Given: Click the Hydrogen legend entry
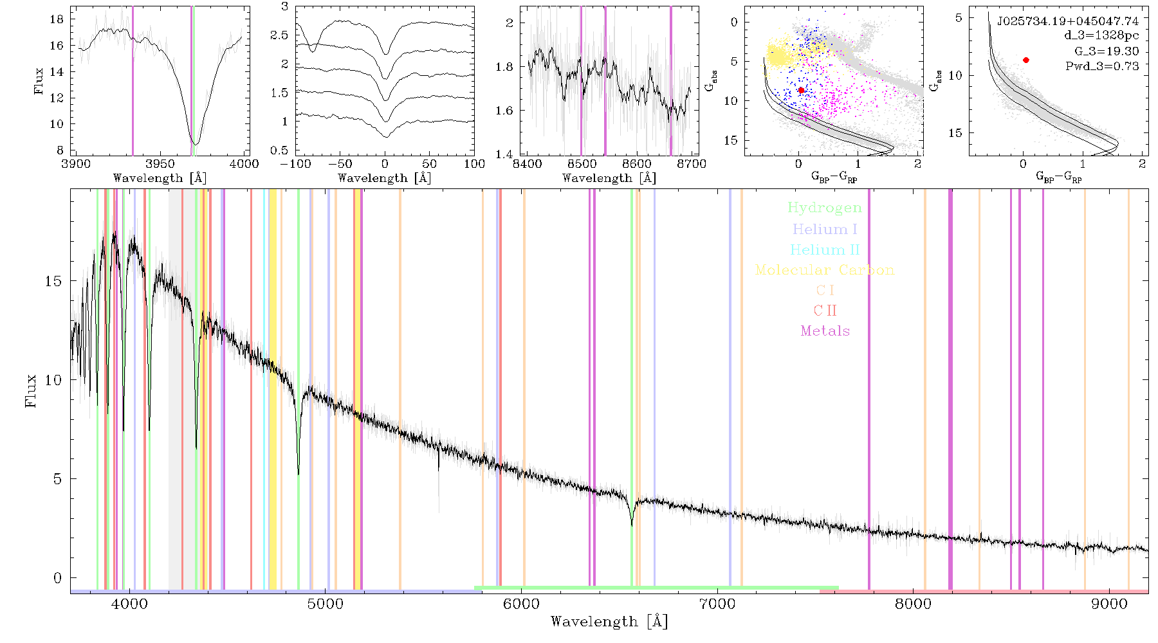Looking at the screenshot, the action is pos(824,208).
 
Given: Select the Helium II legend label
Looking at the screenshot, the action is pos(825,249).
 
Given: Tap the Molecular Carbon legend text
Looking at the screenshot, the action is pos(825,270).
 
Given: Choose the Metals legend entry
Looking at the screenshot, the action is pos(825,331).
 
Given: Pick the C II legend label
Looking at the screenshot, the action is pos(825,311).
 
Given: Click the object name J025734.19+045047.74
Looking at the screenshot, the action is pos(1067,21).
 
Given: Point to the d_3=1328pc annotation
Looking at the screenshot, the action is pos(1101,36).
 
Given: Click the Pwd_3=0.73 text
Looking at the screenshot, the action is pos(1102,66).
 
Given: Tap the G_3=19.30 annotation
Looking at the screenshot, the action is pos(1107,51).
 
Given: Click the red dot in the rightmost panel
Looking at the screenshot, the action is pos(1026,60).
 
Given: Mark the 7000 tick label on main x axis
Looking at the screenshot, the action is pos(717,604).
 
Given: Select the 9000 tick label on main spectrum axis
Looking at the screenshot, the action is pos(1109,604).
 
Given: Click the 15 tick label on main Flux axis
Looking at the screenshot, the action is pos(53,281).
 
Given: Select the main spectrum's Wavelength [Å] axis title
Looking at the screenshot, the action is pos(609,622).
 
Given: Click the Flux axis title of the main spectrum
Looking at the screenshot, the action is pos(30,390).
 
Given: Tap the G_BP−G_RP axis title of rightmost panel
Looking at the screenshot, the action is pos(1058,177).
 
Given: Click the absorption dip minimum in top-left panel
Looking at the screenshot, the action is pos(196,143).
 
